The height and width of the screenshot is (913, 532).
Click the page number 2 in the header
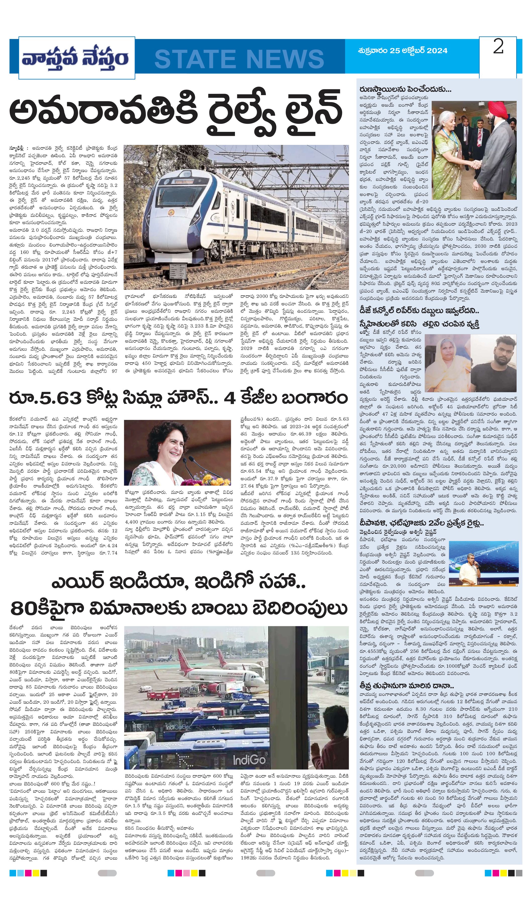coord(498,47)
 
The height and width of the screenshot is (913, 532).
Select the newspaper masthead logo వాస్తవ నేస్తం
coord(75,58)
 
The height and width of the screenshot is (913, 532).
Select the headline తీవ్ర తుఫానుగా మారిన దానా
coord(407,686)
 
